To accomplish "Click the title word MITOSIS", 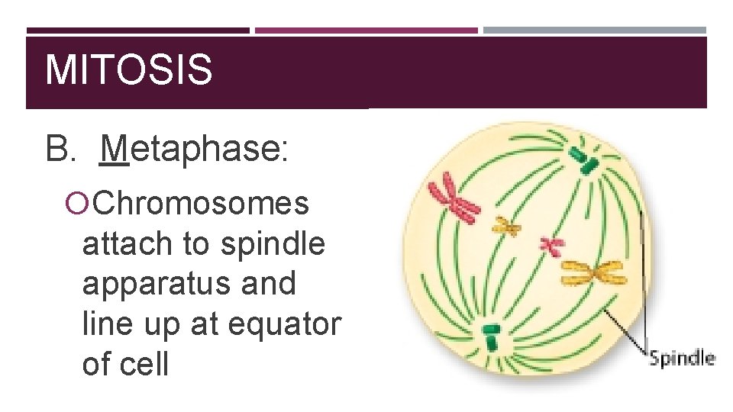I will (128, 70).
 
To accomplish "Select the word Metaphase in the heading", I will (194, 149).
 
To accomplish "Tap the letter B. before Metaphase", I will (61, 149).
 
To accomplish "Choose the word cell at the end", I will (144, 364).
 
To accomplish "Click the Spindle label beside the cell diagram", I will (681, 358).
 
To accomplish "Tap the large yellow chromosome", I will (593, 272).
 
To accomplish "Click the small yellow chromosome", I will (505, 225).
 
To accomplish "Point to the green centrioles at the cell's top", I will (582, 158).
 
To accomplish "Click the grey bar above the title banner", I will (595, 31).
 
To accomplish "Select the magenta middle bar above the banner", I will (366, 31).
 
